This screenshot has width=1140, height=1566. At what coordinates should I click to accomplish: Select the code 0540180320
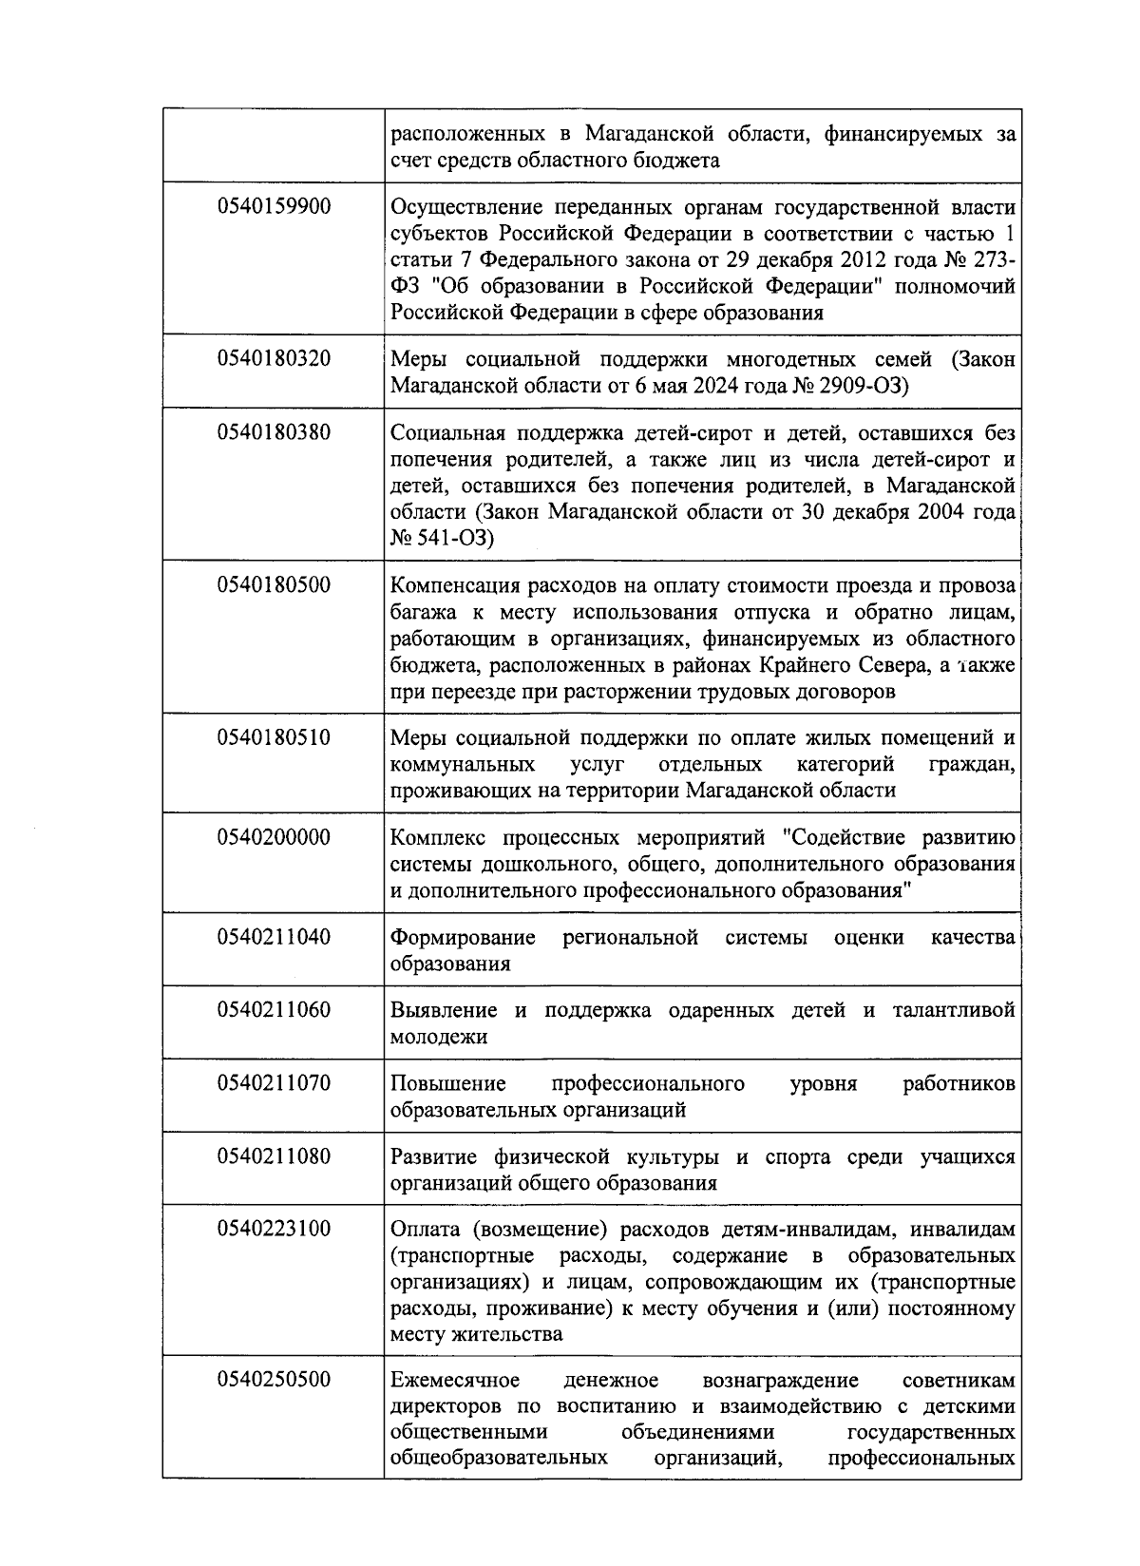274,359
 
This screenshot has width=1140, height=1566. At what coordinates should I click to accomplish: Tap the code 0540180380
274,432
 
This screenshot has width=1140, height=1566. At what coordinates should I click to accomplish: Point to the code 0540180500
274,584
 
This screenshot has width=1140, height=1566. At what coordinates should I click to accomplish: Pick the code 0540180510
274,737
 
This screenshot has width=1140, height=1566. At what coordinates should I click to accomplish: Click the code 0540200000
274,837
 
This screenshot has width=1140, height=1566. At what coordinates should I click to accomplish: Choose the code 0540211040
274,937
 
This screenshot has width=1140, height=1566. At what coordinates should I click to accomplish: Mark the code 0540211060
274,1009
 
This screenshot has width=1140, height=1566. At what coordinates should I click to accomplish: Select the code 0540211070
274,1082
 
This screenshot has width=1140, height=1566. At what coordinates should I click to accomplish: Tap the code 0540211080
274,1155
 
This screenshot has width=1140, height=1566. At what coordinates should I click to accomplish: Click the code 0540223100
274,1229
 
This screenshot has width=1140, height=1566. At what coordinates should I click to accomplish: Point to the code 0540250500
274,1379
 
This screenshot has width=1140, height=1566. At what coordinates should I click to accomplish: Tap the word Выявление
444,1010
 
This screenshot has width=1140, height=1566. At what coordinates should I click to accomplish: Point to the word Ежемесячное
455,1380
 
